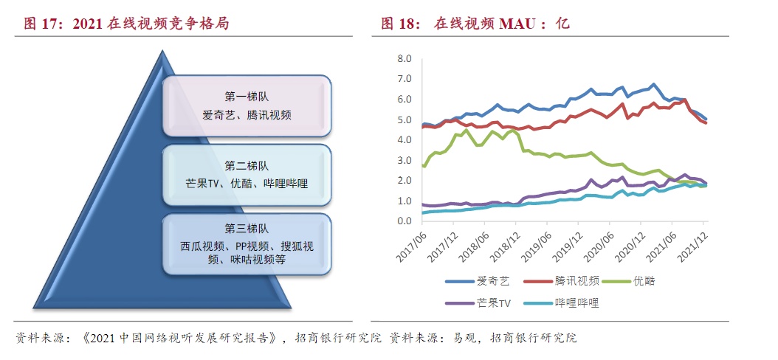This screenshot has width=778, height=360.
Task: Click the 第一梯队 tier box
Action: point(247,105)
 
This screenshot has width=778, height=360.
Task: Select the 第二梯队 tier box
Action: point(247,176)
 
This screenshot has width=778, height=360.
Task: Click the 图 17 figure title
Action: point(126,24)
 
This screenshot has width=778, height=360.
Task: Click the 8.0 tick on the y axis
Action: point(404,58)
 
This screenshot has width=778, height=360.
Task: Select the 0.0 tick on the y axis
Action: point(404,221)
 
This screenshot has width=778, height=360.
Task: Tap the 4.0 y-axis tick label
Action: point(404,139)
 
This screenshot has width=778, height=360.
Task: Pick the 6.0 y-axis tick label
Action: point(404,99)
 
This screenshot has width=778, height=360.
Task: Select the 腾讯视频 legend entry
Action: point(576,281)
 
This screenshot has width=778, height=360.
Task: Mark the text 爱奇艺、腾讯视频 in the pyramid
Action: point(247,115)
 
